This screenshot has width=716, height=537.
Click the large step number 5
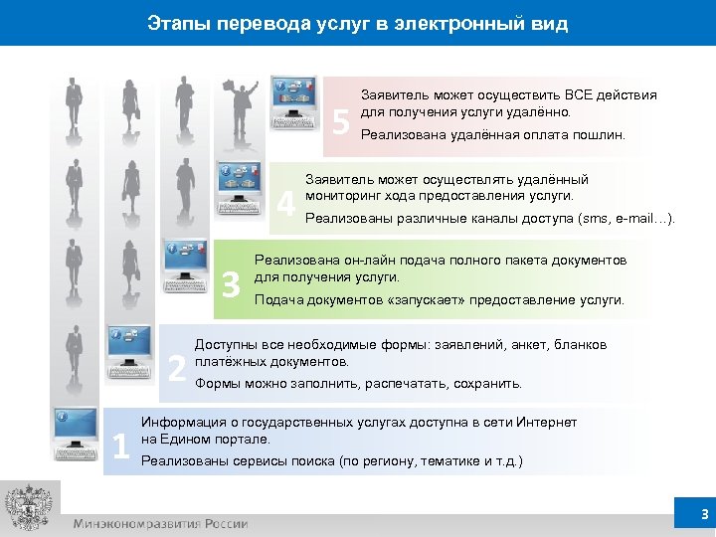tap(341, 122)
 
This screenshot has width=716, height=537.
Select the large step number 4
tap(286, 203)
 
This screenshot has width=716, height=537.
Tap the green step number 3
tap(231, 285)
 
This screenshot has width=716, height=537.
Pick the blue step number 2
tap(176, 367)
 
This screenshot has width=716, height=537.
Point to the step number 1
tap(121, 448)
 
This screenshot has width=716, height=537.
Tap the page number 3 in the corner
tap(704, 514)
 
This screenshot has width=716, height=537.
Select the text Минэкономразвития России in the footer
tap(159, 524)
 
